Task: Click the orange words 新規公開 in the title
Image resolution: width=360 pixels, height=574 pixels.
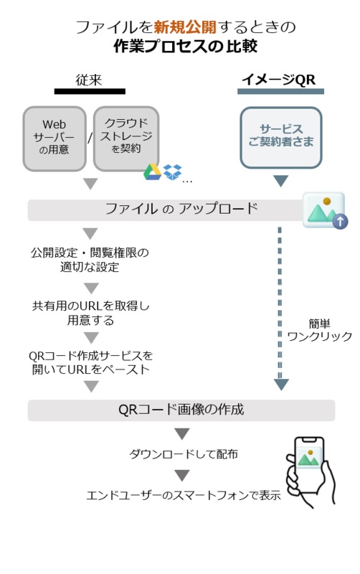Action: (x=185, y=27)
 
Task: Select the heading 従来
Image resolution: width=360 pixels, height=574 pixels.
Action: (x=89, y=80)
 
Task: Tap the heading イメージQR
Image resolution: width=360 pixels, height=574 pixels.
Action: (x=279, y=80)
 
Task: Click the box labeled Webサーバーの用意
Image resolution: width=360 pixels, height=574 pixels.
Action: (x=55, y=138)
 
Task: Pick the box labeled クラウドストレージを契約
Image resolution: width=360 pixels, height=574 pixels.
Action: (x=126, y=138)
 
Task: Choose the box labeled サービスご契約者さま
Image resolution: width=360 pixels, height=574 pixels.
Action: (x=281, y=137)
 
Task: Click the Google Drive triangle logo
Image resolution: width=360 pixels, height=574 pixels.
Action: (x=152, y=172)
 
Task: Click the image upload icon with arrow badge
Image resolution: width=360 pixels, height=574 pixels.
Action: (x=326, y=210)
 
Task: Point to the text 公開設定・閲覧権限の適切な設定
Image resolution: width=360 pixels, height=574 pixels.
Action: (x=90, y=260)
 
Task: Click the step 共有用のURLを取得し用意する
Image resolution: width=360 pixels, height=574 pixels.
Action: (x=91, y=313)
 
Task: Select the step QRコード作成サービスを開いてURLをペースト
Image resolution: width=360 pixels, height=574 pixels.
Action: (x=91, y=362)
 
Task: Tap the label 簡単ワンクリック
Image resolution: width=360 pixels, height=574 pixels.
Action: (x=319, y=330)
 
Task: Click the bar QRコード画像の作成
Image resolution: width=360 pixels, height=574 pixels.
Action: (x=181, y=410)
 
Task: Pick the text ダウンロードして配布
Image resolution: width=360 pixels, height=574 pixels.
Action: (x=184, y=454)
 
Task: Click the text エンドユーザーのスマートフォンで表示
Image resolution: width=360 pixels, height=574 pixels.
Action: (x=184, y=495)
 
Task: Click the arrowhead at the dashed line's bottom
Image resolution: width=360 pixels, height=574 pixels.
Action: (x=281, y=385)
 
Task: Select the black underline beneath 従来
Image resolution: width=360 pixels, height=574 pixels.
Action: (x=90, y=92)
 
